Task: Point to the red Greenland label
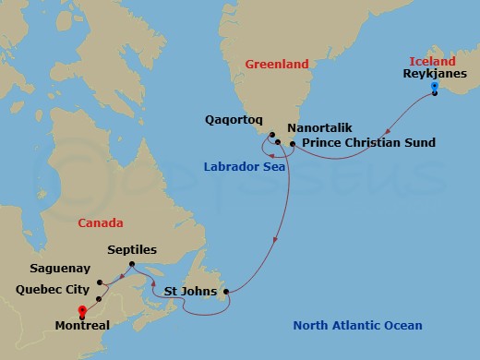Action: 277,64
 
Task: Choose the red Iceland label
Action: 432,61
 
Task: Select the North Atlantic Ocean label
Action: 357,325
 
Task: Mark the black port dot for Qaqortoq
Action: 272,137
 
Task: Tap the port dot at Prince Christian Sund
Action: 293,143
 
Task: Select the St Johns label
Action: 190,292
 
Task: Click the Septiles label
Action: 132,250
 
